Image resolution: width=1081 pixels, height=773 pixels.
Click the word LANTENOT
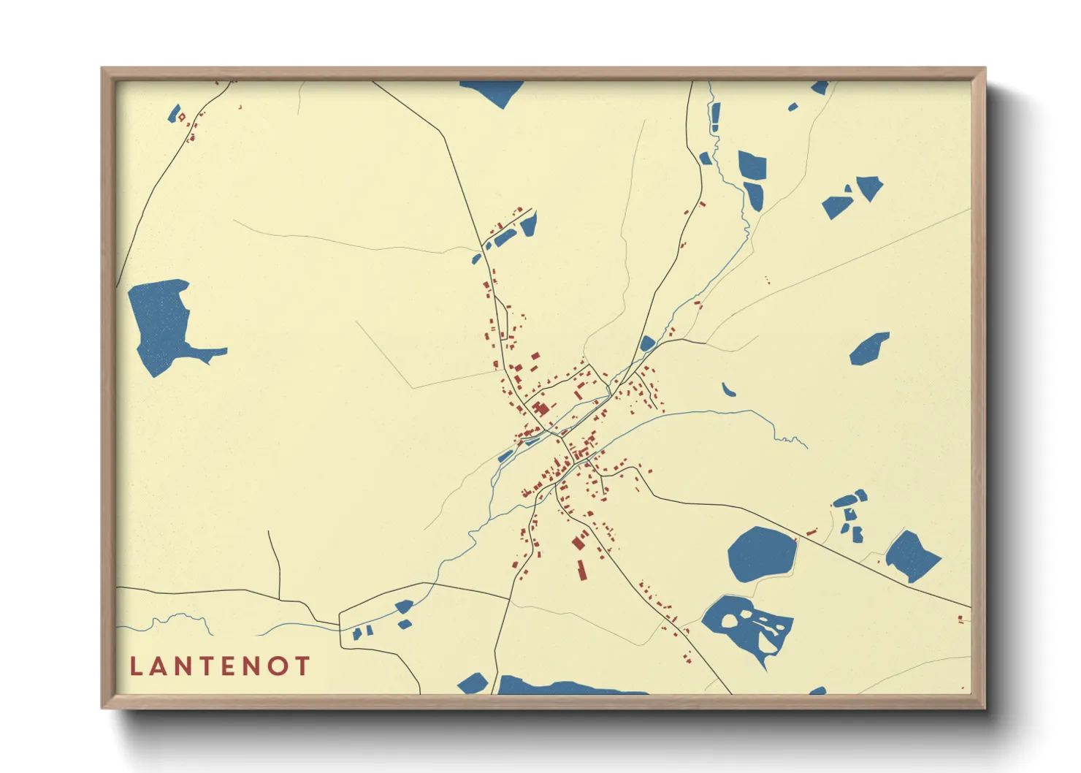(x=220, y=666)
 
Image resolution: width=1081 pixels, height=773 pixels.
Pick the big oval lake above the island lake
(x=761, y=555)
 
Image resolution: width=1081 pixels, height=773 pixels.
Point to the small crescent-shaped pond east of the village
(x=727, y=390)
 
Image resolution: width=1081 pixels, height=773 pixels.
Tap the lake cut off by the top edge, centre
(x=493, y=91)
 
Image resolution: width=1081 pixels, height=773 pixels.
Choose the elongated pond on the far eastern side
(x=869, y=349)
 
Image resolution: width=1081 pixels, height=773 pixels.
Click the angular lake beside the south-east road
(x=912, y=555)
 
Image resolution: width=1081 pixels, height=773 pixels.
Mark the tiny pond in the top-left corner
(x=174, y=113)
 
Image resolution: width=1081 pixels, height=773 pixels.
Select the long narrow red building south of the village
(x=582, y=570)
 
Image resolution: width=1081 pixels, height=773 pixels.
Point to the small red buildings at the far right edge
(x=960, y=620)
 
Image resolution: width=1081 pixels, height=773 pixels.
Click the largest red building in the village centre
(x=540, y=408)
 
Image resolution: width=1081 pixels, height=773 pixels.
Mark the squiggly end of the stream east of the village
(x=792, y=440)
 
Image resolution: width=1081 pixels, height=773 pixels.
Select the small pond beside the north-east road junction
(x=646, y=343)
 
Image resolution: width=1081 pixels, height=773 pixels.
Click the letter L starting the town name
(x=135, y=666)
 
